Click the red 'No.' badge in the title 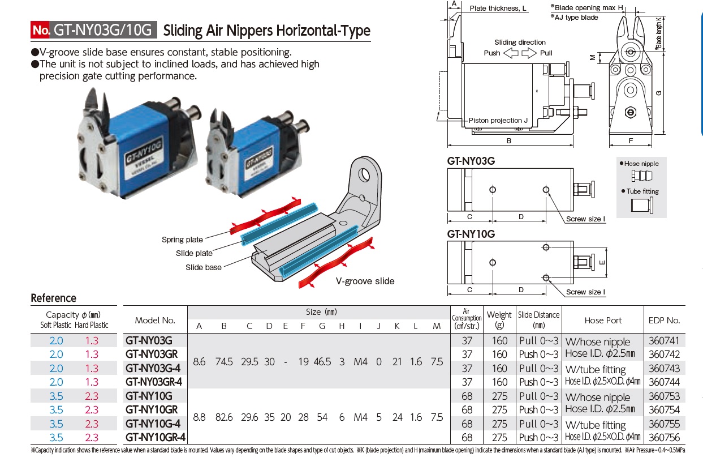(x=40, y=30)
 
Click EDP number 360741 (x=664, y=341)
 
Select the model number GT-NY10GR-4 (x=155, y=437)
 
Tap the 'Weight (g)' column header (x=499, y=320)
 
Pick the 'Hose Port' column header (x=603, y=321)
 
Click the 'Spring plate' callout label (x=182, y=240)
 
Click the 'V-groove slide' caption (x=365, y=281)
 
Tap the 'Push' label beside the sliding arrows (x=492, y=53)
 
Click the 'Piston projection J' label (x=498, y=121)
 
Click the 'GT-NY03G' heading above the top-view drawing (x=471, y=161)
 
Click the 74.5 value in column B (x=224, y=361)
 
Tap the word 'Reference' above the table (x=53, y=298)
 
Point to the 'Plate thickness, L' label (x=498, y=8)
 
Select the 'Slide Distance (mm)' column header (x=538, y=320)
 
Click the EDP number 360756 (x=664, y=437)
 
